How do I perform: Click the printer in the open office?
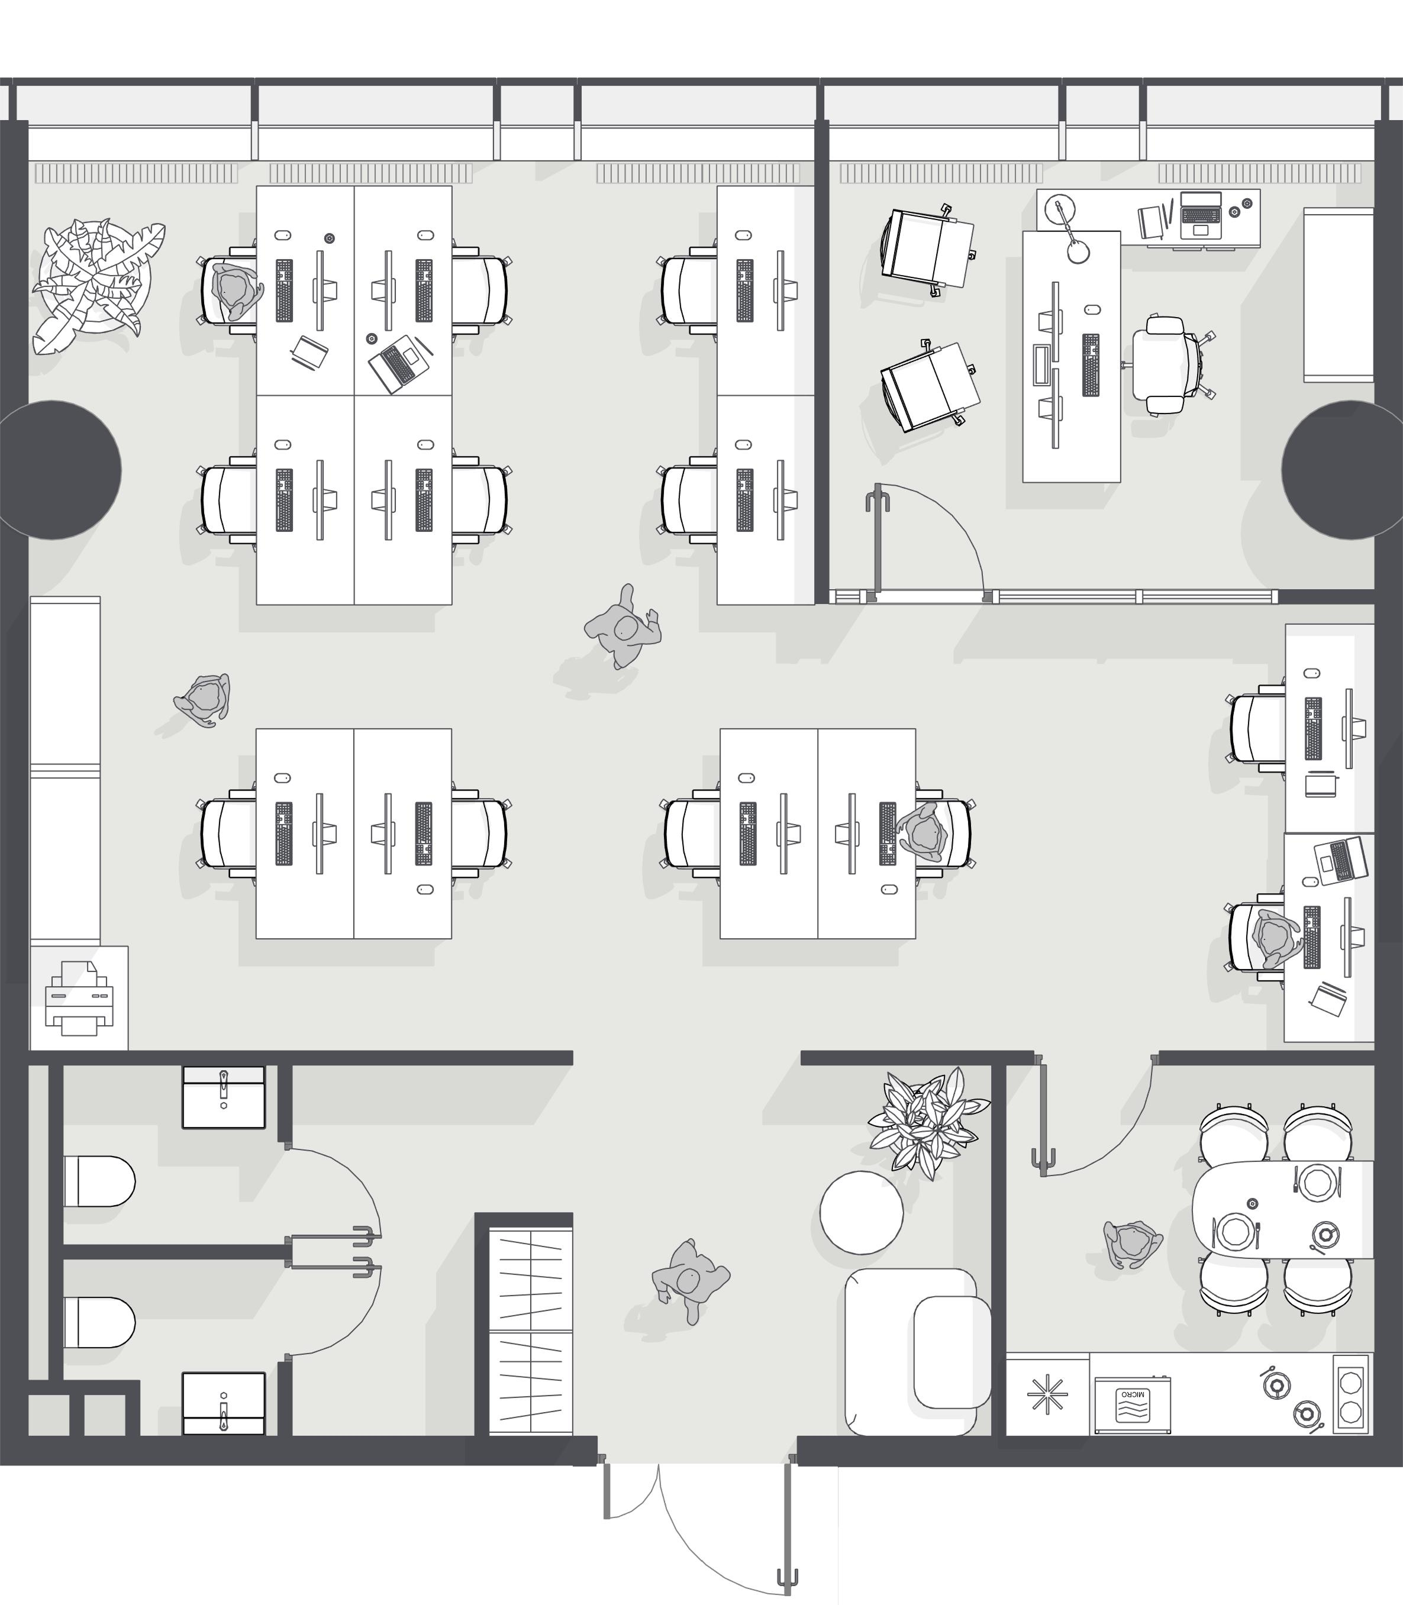pos(79,998)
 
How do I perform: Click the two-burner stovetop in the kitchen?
pos(1350,1394)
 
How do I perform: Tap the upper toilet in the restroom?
pos(99,1181)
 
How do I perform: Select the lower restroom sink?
pos(224,1404)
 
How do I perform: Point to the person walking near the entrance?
pos(689,1280)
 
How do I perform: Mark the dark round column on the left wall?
pos(60,470)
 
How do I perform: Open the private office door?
pos(879,540)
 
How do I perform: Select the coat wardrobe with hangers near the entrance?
pos(531,1331)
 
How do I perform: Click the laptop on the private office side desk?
pos(1200,214)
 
